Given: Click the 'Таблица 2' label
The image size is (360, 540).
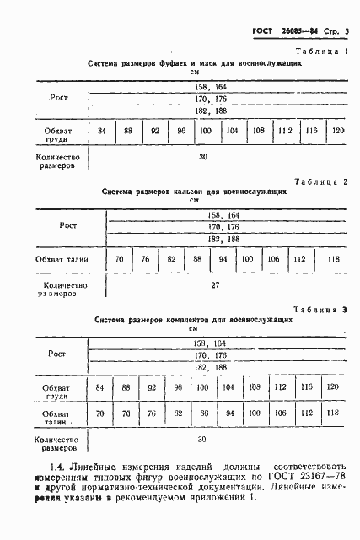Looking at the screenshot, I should [x=320, y=181].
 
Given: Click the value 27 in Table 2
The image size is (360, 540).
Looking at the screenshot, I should [x=215, y=285].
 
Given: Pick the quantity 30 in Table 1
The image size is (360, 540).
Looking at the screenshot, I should [x=203, y=157].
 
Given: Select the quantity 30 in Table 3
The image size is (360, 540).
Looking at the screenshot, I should [x=201, y=440].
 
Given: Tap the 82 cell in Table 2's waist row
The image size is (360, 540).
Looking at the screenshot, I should [x=171, y=258].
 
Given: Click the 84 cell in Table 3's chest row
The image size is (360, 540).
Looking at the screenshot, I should [x=101, y=386].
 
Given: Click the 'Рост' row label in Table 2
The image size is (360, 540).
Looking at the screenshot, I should [x=68, y=226].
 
